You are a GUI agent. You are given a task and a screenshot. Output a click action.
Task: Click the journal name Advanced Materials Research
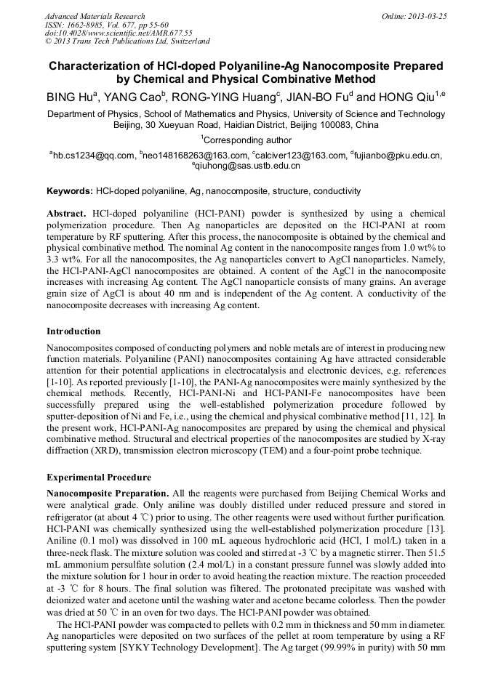click(x=95, y=16)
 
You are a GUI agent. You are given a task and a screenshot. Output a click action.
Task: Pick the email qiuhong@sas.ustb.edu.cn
click(x=246, y=166)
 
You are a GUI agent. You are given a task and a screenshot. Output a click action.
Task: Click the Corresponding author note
click(x=246, y=140)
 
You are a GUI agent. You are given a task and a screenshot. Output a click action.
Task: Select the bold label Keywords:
click(x=70, y=191)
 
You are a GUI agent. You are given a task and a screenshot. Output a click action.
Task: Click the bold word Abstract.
click(x=67, y=214)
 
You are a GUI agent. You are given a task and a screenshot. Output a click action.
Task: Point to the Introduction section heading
click(x=73, y=331)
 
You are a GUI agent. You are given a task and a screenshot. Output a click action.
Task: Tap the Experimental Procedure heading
click(x=99, y=478)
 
